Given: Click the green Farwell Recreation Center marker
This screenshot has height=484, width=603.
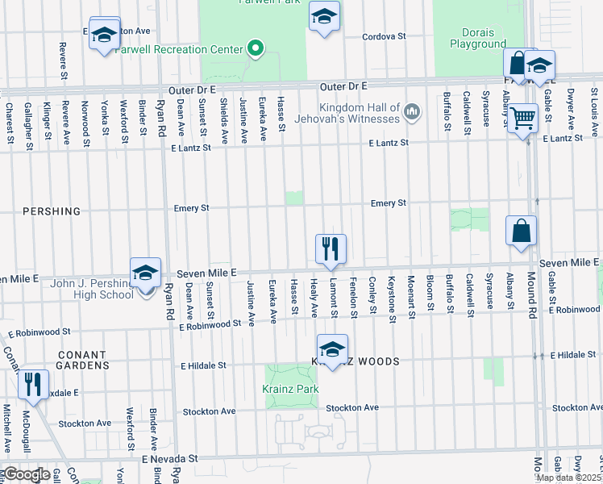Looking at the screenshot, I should point(256,50).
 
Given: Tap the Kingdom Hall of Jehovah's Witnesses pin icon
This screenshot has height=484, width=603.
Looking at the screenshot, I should point(412,110).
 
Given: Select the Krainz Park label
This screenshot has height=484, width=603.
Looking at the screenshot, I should point(290,389).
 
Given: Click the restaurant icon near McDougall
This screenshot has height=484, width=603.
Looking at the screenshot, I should point(33,384).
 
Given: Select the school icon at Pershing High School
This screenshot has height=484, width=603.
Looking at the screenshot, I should point(145,273).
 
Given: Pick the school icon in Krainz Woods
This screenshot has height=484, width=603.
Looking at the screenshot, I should point(331,348).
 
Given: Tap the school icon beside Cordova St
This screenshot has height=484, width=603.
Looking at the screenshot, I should point(324,16).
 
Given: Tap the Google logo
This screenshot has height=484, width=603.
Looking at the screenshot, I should point(26,474).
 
